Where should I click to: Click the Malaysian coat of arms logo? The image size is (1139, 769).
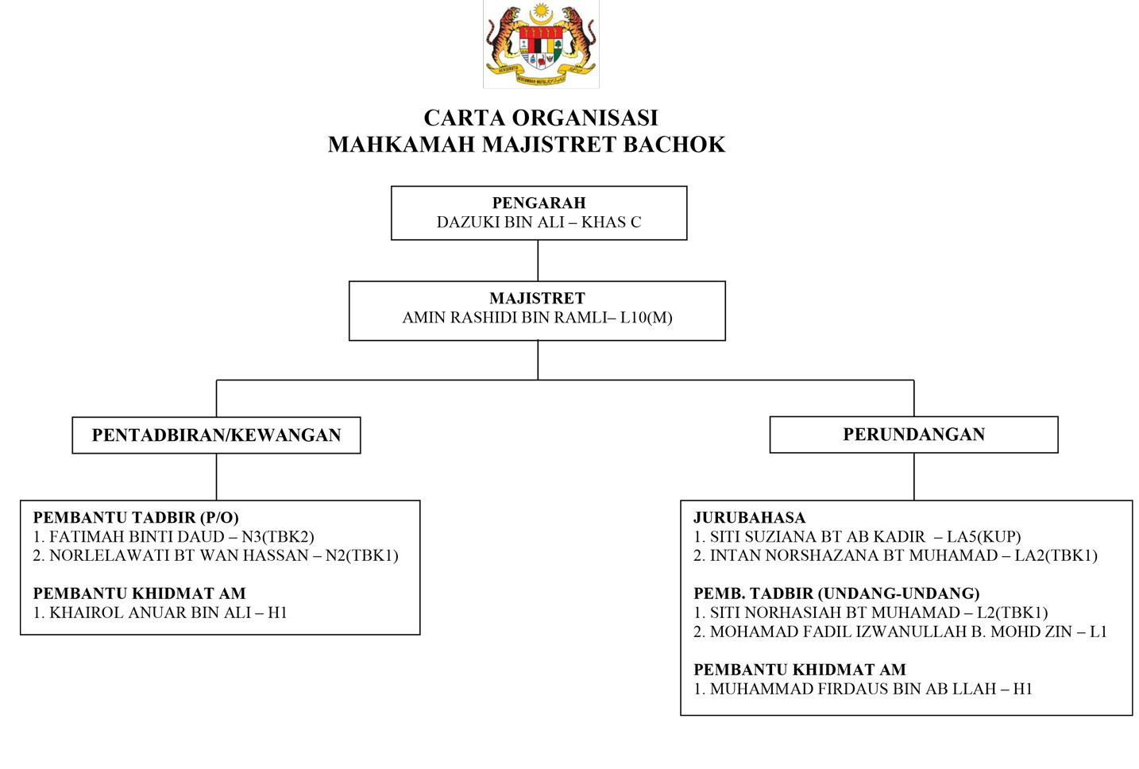click(x=541, y=44)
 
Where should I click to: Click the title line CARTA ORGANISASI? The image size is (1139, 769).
click(x=541, y=118)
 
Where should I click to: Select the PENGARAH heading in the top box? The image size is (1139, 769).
click(x=539, y=203)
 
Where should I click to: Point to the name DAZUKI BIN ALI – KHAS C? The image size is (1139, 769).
click(x=539, y=222)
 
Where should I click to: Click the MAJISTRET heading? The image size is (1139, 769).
click(x=537, y=299)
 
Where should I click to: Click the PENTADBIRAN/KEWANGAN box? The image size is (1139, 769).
click(x=216, y=435)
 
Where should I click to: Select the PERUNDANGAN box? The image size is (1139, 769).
click(x=913, y=435)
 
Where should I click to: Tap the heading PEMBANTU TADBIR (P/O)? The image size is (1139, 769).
click(x=136, y=518)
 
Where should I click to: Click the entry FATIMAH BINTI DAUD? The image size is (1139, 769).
click(x=137, y=537)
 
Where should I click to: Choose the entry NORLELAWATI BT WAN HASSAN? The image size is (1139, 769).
click(x=179, y=556)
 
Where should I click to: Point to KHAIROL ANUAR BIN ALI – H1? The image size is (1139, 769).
click(x=160, y=613)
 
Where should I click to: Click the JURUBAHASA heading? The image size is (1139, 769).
click(x=749, y=518)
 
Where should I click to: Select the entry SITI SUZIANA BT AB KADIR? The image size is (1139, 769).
click(x=817, y=537)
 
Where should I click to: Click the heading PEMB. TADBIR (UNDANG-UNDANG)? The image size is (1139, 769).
click(x=836, y=594)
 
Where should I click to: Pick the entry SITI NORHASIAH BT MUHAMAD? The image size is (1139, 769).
click(x=835, y=613)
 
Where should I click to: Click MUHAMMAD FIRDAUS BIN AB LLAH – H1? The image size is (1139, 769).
click(x=863, y=690)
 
